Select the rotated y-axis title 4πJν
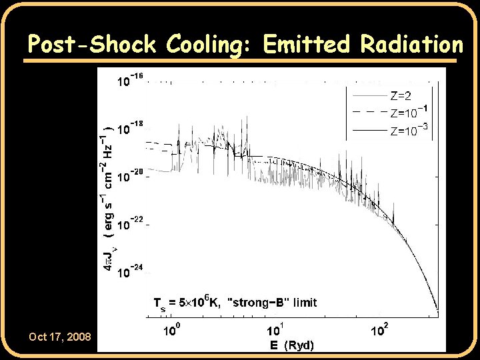(x=108, y=257)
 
